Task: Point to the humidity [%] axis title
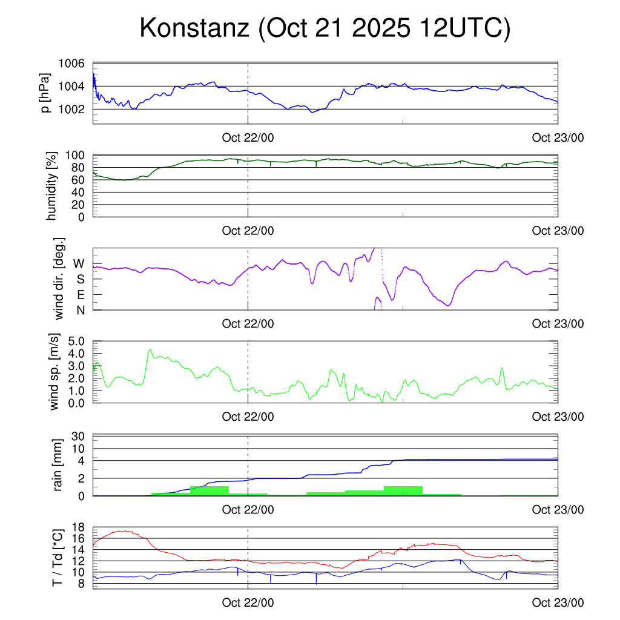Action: pyautogui.click(x=53, y=186)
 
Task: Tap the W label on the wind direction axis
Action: pyautogui.click(x=79, y=264)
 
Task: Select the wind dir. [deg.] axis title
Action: pyautogui.click(x=59, y=279)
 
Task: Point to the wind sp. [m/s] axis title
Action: pyautogui.click(x=55, y=372)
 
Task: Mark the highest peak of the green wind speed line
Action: pyautogui.click(x=150, y=349)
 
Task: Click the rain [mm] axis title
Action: pyautogui.click(x=59, y=466)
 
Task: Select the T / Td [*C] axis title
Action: pyautogui.click(x=58, y=556)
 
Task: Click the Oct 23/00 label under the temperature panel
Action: pyautogui.click(x=558, y=602)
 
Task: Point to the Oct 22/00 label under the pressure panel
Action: pyautogui.click(x=248, y=137)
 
